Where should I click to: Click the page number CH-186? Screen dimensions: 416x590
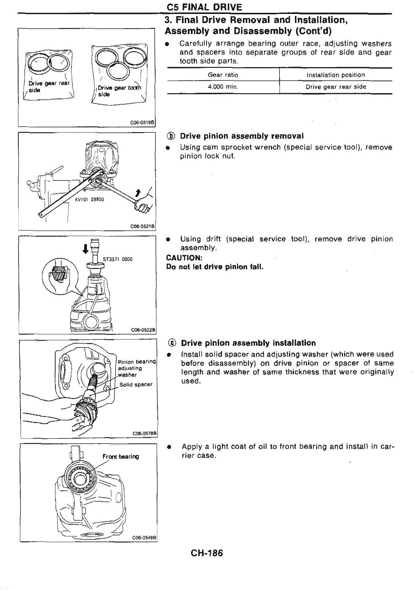[207, 553]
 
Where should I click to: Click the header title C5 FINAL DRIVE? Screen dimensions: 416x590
[204, 7]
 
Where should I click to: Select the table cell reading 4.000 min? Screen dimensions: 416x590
[223, 87]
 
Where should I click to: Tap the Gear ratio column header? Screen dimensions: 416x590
[223, 75]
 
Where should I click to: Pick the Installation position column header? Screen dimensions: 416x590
[336, 75]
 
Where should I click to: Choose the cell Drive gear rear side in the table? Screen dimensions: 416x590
[336, 87]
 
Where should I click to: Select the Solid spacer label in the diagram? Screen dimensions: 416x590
[136, 384]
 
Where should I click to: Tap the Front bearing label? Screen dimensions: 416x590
[120, 457]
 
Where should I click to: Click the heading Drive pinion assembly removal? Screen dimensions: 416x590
[242, 136]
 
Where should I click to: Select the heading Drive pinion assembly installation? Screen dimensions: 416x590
[248, 343]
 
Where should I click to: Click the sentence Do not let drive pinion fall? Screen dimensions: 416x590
[215, 267]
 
